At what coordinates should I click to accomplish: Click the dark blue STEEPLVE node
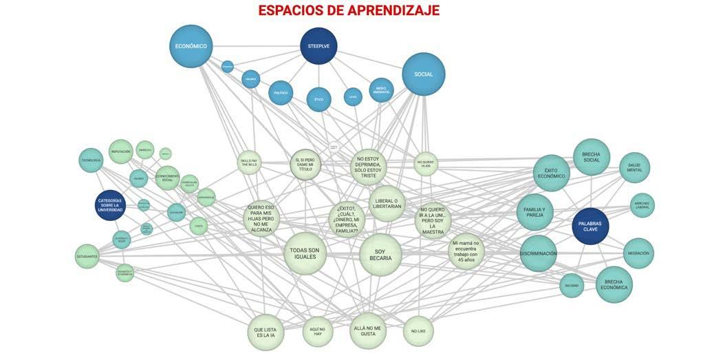click(x=319, y=46)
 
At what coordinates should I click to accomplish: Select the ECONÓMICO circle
click(x=191, y=46)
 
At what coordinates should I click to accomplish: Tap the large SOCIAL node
click(x=423, y=74)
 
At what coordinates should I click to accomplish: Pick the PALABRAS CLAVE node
click(x=590, y=226)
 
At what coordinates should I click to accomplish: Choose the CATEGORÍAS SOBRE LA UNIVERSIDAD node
click(x=110, y=205)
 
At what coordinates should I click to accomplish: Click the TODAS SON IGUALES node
click(x=305, y=253)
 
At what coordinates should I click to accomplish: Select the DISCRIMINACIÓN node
click(x=538, y=253)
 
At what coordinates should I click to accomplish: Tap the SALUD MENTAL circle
click(x=634, y=168)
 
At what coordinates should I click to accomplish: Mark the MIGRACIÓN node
click(x=638, y=253)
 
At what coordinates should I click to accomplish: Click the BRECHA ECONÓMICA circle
click(x=614, y=284)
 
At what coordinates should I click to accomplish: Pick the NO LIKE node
click(x=418, y=331)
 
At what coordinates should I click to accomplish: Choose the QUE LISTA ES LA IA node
click(x=266, y=332)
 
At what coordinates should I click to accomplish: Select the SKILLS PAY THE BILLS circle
click(x=249, y=162)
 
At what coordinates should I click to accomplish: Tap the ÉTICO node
click(x=319, y=99)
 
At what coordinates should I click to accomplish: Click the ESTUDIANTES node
click(x=87, y=256)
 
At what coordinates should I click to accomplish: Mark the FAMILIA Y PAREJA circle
click(x=535, y=212)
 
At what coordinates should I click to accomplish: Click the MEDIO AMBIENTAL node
click(x=381, y=89)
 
